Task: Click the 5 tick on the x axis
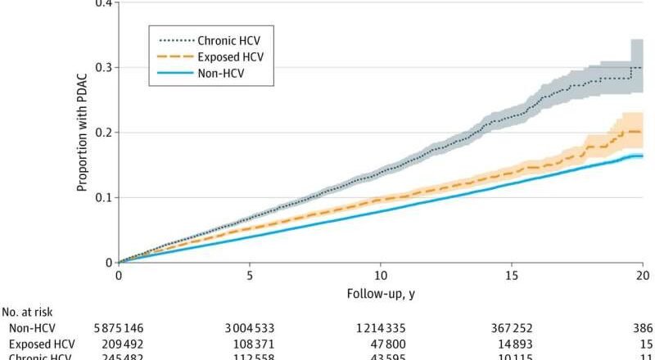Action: (250, 276)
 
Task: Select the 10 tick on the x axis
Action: (381, 276)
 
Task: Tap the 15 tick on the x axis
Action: (511, 276)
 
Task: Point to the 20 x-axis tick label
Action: (641, 276)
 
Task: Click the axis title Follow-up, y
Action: (380, 292)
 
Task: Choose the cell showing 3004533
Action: (249, 327)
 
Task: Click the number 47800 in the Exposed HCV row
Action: (380, 343)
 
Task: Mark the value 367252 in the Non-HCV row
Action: (511, 327)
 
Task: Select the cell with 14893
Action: (511, 343)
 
